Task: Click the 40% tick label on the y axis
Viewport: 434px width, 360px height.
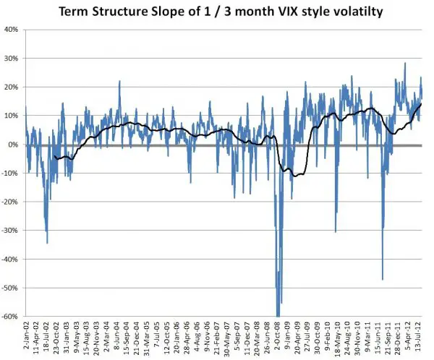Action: (x=11, y=30)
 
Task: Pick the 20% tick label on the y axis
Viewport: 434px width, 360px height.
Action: (x=11, y=87)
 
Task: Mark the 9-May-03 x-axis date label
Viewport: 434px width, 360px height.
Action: (x=76, y=337)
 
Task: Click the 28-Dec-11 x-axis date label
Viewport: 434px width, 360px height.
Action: (x=399, y=337)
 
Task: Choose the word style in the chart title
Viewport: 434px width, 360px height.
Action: (x=303, y=12)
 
